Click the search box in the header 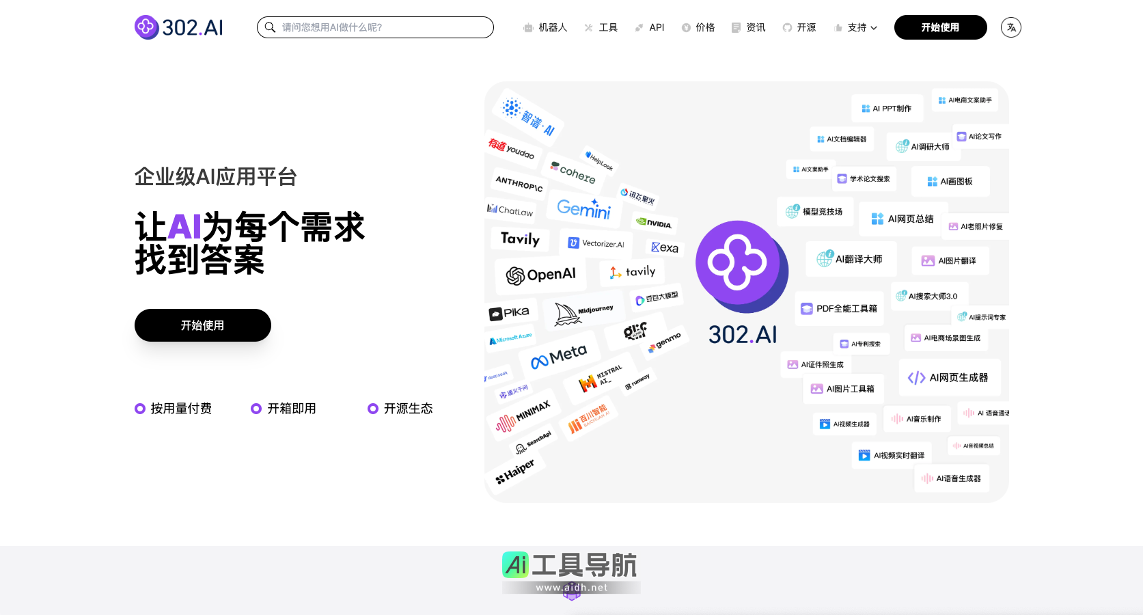click(375, 27)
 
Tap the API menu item click(650, 27)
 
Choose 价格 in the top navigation click(698, 27)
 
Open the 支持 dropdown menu click(856, 27)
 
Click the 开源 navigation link click(799, 27)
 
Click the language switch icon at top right click(1010, 27)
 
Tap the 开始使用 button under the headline click(203, 325)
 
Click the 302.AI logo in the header click(179, 27)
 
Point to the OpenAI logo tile click(541, 275)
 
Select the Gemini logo click(583, 208)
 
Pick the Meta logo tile click(560, 355)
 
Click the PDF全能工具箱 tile click(839, 309)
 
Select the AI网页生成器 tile click(948, 378)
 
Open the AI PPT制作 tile click(887, 109)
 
